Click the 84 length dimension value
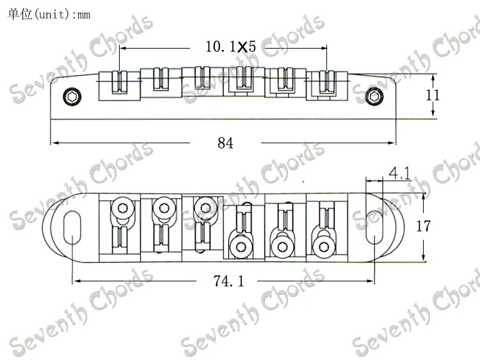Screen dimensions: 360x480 point(225,143)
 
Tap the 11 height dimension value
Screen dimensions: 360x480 point(433,95)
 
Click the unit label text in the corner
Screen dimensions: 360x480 point(48,13)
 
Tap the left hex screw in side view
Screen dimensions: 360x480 point(71,97)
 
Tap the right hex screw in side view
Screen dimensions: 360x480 point(373,97)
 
